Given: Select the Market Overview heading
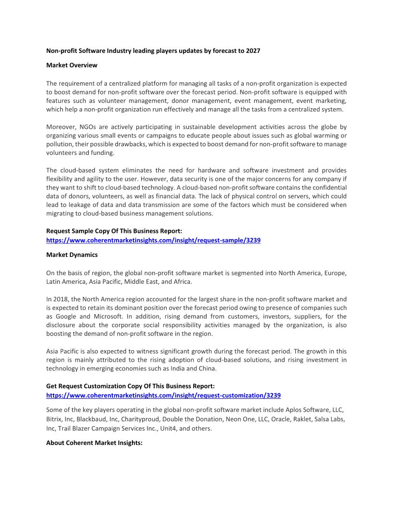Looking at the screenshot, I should [72, 65].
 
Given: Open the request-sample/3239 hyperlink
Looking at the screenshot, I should [153, 240].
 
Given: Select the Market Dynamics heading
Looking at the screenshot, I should [72, 255].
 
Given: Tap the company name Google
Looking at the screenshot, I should [65, 317].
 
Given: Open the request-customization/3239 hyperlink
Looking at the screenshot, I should [163, 395].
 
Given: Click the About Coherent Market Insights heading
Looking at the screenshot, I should [94, 443].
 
